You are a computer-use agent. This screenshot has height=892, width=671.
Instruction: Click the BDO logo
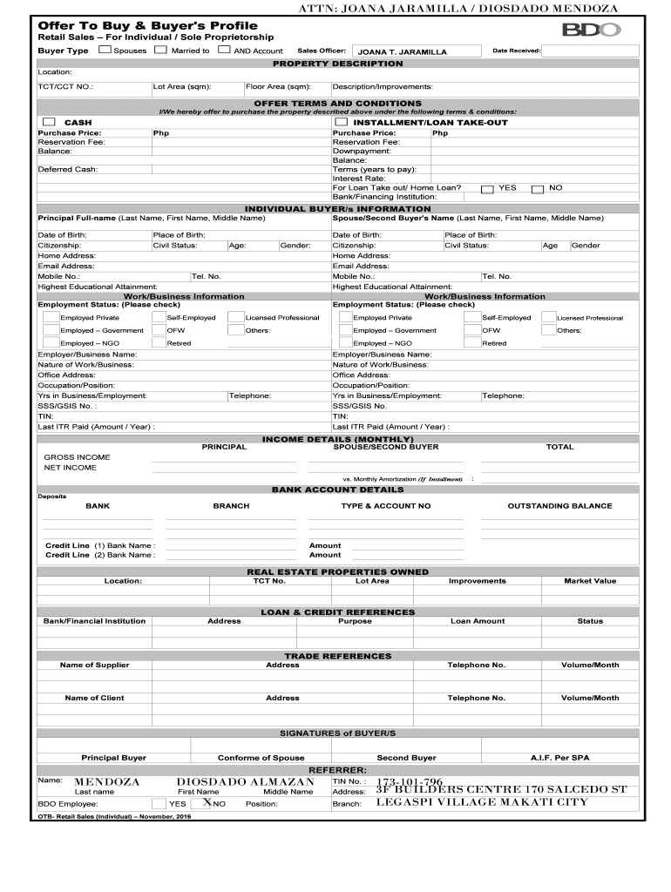click(x=591, y=30)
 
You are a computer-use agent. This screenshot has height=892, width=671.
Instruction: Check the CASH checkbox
click(x=49, y=122)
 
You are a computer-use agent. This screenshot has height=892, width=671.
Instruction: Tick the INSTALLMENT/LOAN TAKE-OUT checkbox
click(x=341, y=122)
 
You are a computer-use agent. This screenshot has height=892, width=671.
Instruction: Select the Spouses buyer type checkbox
click(x=105, y=51)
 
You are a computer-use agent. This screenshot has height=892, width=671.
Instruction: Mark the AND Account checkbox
click(x=224, y=51)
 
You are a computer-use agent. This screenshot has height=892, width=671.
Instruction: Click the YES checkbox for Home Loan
click(x=488, y=188)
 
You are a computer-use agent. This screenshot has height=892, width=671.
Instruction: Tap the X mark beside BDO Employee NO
click(x=207, y=803)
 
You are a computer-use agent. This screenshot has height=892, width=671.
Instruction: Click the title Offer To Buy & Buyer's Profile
click(x=135, y=25)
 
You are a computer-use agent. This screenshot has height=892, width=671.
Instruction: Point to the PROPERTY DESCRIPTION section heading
click(x=337, y=64)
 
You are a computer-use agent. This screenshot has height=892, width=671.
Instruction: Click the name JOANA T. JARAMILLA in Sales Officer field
click(x=403, y=52)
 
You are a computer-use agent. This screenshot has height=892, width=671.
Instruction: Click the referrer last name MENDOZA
click(x=106, y=782)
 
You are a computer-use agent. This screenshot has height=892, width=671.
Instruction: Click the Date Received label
click(x=516, y=51)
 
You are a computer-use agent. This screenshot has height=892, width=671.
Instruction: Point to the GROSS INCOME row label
click(x=77, y=457)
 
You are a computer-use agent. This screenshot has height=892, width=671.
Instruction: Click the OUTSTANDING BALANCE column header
click(x=559, y=506)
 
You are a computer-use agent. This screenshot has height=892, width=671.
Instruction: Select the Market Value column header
click(x=589, y=581)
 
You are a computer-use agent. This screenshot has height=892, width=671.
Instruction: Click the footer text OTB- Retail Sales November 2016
click(x=113, y=817)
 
